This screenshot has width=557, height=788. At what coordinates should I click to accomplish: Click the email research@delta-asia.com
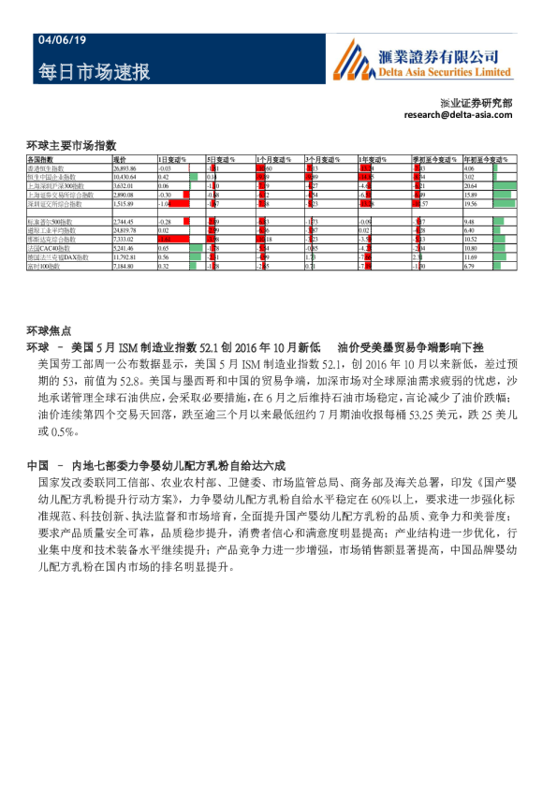pyautogui.click(x=458, y=114)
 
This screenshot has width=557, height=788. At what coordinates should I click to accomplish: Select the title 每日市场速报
pyautogui.click(x=94, y=72)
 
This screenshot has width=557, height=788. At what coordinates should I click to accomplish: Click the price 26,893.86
pyautogui.click(x=125, y=168)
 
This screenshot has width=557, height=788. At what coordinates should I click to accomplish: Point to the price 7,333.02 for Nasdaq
pyautogui.click(x=124, y=238)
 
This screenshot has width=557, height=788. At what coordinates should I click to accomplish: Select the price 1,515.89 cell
pyautogui.click(x=124, y=202)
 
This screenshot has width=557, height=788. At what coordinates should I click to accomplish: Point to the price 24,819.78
pyautogui.click(x=125, y=228)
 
